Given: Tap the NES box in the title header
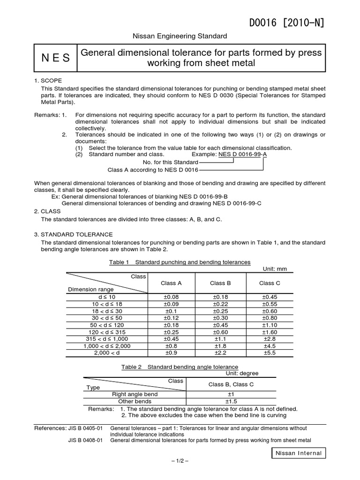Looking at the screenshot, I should (55, 58).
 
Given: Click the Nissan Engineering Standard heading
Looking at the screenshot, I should (180, 36).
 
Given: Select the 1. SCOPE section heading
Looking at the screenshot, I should (48, 81).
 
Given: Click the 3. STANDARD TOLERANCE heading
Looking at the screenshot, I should (74, 234).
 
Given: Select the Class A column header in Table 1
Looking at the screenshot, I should (171, 283).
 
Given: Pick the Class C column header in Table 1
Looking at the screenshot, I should (270, 283).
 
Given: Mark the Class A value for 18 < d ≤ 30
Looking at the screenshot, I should (171, 311).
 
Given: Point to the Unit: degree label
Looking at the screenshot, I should (242, 373).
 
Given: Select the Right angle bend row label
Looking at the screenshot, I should (135, 394).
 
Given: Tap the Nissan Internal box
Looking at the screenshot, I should (298, 453).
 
